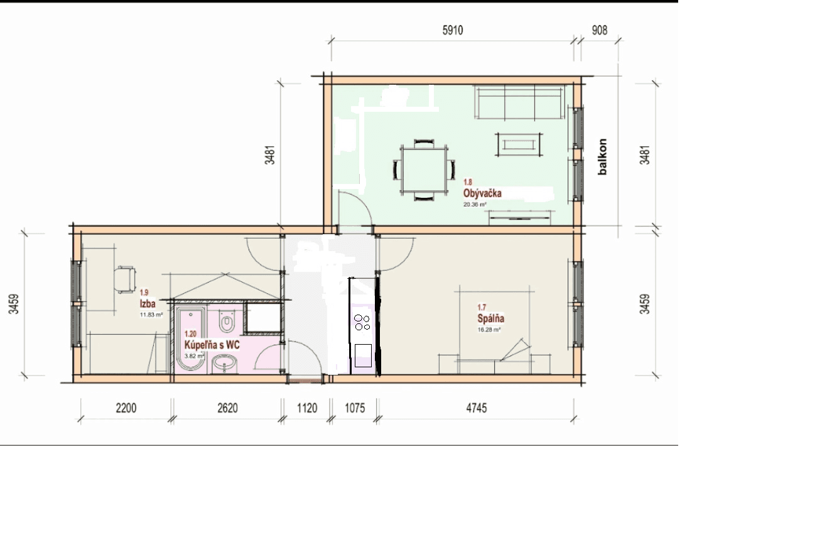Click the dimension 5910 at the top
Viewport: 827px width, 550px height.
click(452, 31)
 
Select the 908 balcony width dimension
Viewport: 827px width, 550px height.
click(599, 31)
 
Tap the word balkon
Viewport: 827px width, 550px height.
click(603, 156)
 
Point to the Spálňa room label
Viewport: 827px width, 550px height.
click(490, 318)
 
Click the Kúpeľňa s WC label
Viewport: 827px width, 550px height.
click(212, 345)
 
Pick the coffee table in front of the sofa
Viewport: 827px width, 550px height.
click(518, 144)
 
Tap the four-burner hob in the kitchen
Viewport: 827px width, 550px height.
click(362, 322)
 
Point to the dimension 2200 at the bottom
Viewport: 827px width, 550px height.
click(126, 408)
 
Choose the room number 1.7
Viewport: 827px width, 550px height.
click(482, 308)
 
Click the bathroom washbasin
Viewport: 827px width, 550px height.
click(224, 363)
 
